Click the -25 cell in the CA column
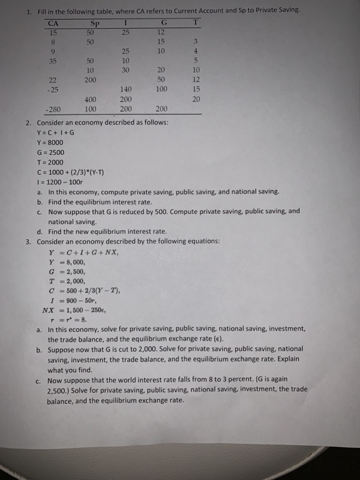pyautogui.click(x=52, y=90)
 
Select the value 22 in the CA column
pyautogui.click(x=52, y=80)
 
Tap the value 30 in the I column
pyautogui.click(x=125, y=71)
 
